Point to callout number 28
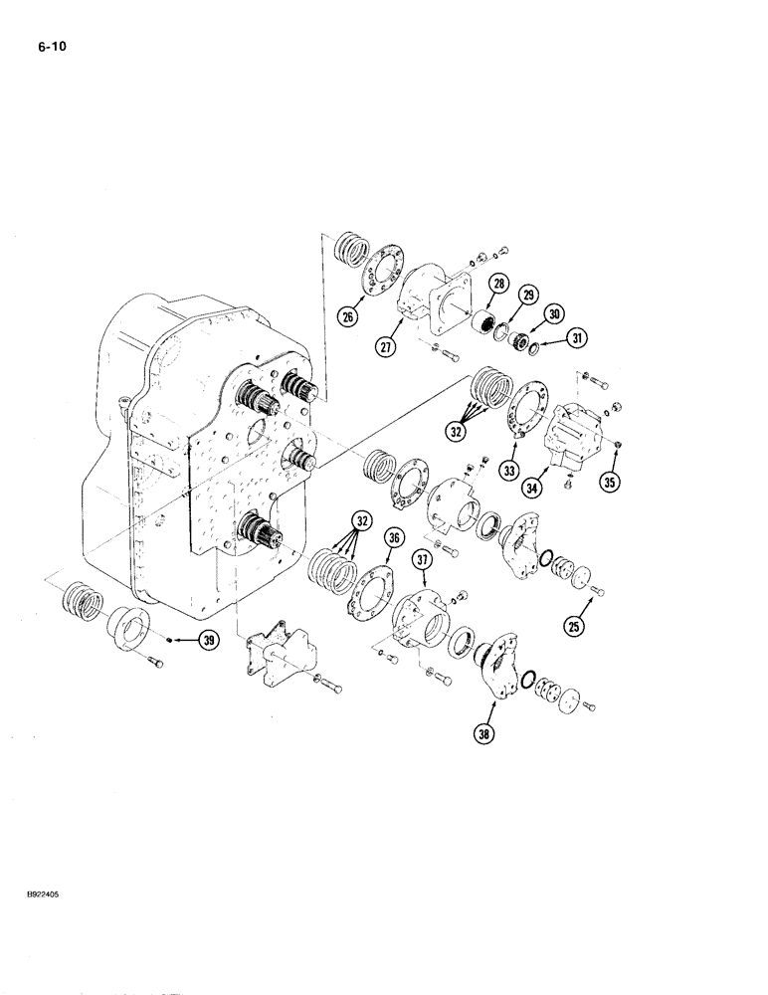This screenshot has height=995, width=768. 497,285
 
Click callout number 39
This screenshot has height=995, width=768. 207,641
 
